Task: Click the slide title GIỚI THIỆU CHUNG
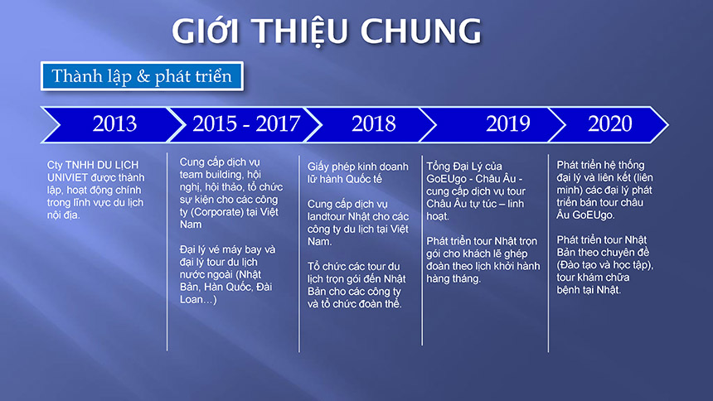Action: click(326, 31)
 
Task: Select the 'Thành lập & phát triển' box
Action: click(142, 76)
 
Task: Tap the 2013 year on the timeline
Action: click(114, 123)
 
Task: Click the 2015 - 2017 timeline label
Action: click(246, 123)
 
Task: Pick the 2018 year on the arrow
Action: click(373, 123)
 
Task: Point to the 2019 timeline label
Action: click(508, 123)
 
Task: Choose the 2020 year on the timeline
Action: click(609, 123)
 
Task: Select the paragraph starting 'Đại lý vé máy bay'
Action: click(227, 274)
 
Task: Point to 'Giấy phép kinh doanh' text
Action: click(357, 167)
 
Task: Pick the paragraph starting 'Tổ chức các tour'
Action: click(356, 285)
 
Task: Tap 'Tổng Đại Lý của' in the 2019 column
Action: click(464, 167)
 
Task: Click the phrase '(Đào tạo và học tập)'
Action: click(604, 264)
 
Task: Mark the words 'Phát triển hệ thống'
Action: click(601, 165)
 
